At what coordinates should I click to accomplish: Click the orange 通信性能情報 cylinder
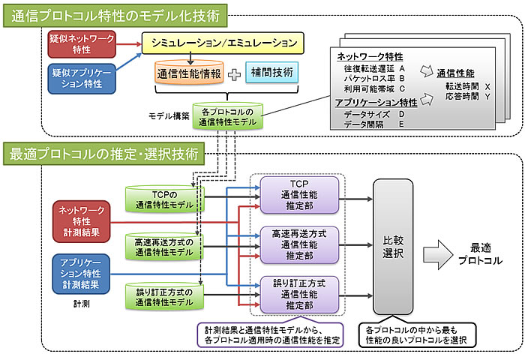[x=189, y=74]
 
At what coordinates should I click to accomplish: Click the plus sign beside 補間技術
[x=235, y=74]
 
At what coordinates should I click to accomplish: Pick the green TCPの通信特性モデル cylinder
[x=159, y=197]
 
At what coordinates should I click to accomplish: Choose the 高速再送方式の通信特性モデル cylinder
[x=159, y=245]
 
